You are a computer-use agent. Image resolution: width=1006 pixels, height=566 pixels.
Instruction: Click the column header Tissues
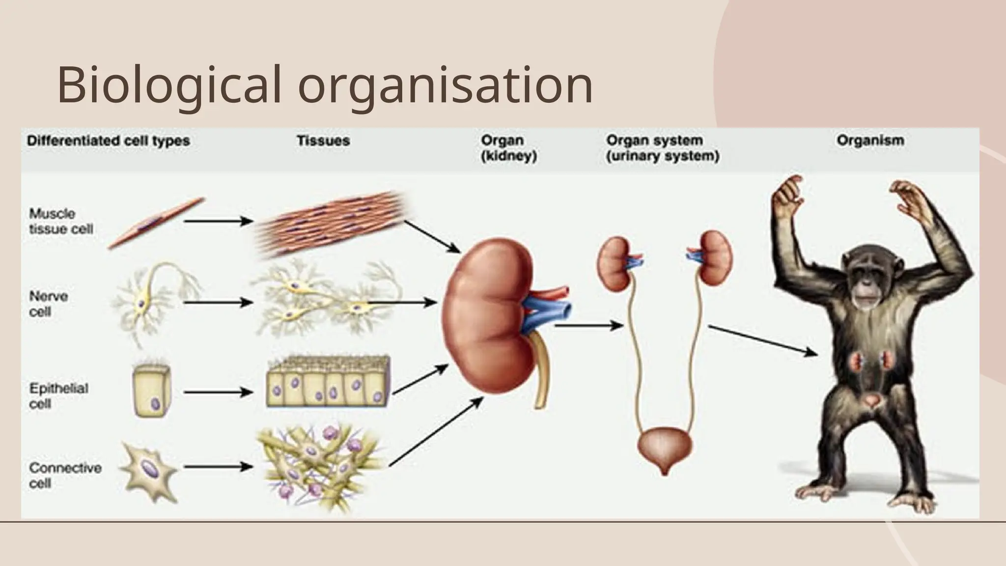(323, 141)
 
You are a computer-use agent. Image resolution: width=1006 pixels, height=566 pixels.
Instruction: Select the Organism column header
(870, 141)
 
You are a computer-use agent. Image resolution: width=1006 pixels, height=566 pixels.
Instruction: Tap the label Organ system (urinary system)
(662, 148)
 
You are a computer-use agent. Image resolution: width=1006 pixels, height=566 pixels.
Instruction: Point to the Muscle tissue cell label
(60, 222)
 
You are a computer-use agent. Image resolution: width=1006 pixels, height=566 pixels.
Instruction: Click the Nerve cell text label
(48, 304)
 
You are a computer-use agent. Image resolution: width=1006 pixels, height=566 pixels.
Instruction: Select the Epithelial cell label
(58, 396)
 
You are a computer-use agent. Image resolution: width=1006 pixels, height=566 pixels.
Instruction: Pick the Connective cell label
(64, 475)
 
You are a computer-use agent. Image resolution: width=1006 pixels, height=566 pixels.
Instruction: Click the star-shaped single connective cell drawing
(148, 471)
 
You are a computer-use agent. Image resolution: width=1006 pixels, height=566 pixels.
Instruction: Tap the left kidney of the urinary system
(614, 264)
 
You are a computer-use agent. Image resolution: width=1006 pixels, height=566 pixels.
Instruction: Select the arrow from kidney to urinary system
(588, 325)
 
